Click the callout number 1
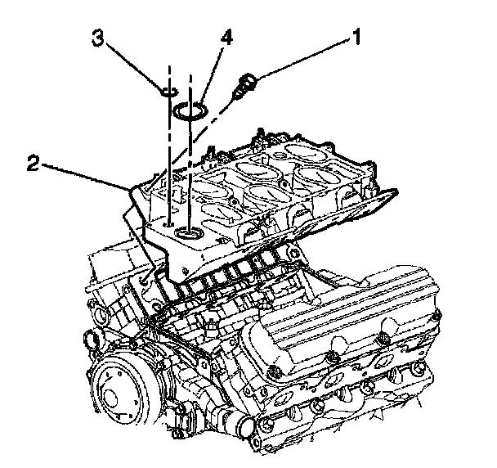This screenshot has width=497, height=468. (356, 36)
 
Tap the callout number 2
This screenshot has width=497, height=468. (31, 162)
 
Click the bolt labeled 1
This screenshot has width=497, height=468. (244, 85)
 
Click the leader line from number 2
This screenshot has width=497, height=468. (82, 176)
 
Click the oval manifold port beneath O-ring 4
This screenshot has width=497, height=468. (190, 235)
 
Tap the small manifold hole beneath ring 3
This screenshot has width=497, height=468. (167, 222)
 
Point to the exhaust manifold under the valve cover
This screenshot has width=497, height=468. (343, 393)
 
